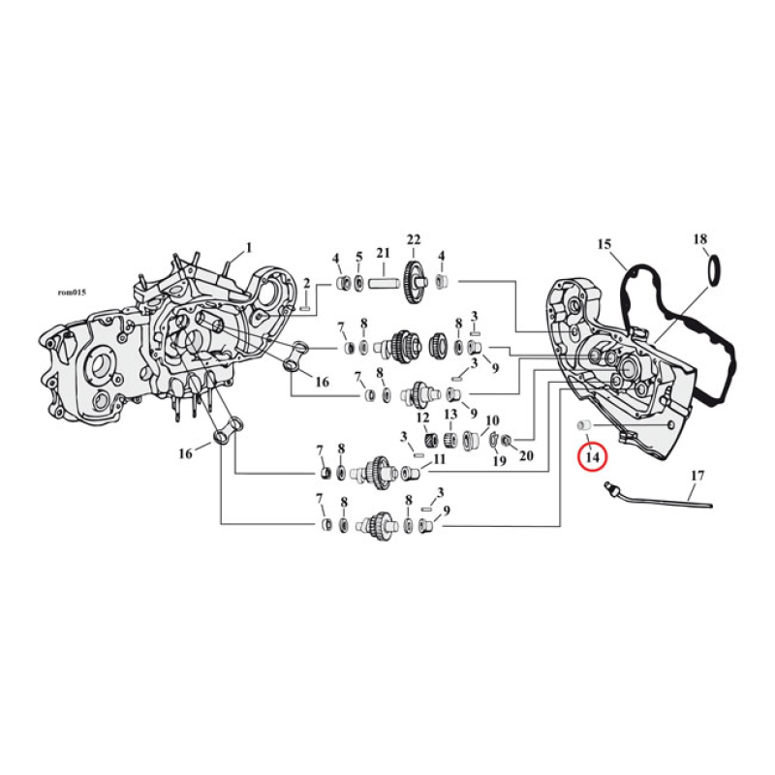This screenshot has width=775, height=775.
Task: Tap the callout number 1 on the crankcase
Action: click(248, 247)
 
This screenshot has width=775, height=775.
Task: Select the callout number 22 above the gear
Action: click(414, 239)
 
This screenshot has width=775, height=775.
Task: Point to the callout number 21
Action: click(383, 254)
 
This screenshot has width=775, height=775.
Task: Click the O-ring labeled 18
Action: click(713, 270)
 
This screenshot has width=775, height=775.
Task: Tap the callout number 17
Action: click(697, 476)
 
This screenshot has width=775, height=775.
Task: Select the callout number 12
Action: click(422, 418)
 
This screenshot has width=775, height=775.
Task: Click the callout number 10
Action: click(492, 420)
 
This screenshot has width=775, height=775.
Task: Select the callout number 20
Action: click(526, 456)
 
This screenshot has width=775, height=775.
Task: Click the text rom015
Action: click(74, 294)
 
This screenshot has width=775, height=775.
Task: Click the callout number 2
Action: click(307, 283)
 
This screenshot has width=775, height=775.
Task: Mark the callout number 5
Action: click(358, 257)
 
